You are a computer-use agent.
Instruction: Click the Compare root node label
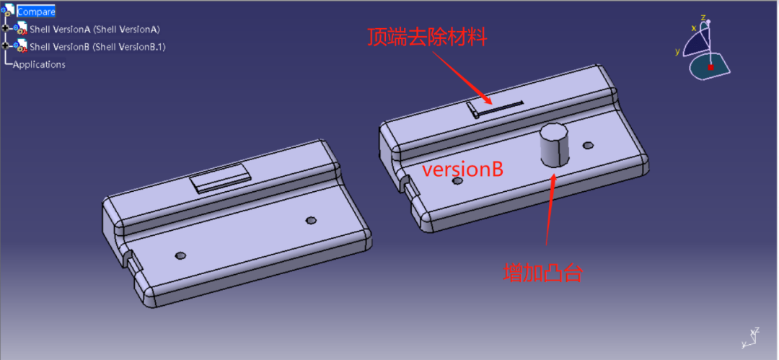pos(36,12)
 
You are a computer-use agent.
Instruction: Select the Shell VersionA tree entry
pos(94,29)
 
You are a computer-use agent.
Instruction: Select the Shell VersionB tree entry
pos(97,47)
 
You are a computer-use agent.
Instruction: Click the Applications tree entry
pos(39,64)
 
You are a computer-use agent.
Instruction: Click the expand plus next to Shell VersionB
pos(6,46)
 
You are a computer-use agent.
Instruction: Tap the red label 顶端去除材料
pos(427,38)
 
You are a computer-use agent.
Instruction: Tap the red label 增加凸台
pos(542,273)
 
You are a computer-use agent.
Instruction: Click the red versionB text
pos(462,170)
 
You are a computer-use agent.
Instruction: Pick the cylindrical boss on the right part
pos(553,145)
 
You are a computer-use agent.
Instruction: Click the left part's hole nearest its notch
pos(180,255)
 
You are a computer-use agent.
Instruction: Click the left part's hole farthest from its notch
pos(312,220)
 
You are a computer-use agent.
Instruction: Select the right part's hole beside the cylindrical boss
pos(589,146)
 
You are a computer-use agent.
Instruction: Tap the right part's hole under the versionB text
pos(457,181)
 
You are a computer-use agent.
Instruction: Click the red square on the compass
pos(710,67)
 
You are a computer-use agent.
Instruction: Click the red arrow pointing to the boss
pos(551,208)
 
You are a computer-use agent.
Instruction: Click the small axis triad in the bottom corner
pos(749,337)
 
